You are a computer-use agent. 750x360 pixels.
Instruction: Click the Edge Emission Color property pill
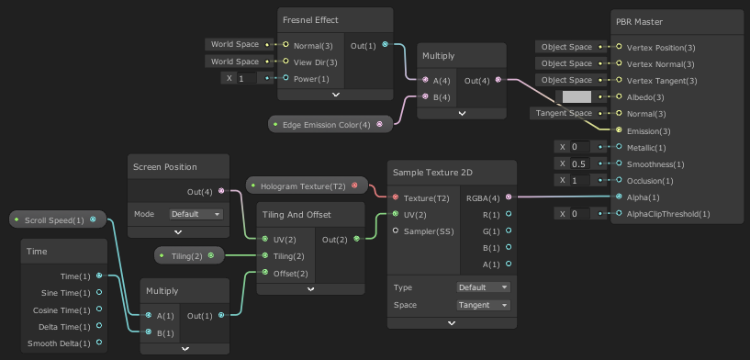pos(327,124)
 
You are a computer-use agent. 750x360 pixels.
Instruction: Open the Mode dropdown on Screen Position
pos(196,214)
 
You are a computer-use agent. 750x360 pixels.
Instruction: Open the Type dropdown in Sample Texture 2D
pos(483,287)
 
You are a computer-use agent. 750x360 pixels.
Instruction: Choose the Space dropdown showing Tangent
pos(483,305)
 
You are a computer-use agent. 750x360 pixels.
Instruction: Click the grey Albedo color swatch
pos(576,97)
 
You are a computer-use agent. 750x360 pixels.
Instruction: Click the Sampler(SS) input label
pos(430,231)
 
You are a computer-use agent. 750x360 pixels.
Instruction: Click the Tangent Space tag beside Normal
pos(563,114)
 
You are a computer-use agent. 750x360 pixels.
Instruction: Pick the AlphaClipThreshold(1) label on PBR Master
pos(669,214)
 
